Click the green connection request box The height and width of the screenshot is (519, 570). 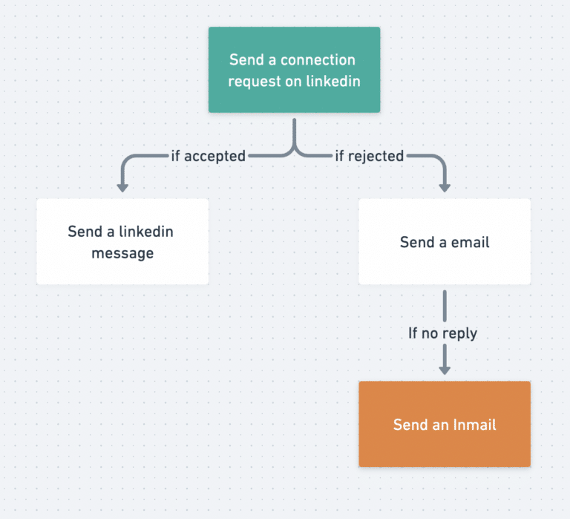tap(294, 70)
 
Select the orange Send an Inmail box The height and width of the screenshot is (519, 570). tap(444, 424)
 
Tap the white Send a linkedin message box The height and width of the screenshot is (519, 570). tap(122, 241)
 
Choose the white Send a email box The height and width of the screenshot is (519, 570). tap(444, 241)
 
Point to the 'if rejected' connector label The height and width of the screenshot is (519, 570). tap(369, 156)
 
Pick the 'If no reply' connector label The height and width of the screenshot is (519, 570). tap(442, 333)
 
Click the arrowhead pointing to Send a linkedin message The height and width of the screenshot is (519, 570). tap(122, 186)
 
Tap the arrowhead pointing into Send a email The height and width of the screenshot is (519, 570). tap(445, 186)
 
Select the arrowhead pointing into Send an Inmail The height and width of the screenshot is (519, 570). tap(445, 368)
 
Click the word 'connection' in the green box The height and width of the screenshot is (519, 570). tap(318, 60)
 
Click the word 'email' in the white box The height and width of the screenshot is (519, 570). tap(468, 242)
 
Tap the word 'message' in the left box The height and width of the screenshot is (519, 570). tap(122, 253)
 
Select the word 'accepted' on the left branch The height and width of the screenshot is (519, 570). tap(214, 156)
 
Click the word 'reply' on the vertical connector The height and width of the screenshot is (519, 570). tap(459, 333)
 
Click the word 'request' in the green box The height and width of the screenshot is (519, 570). tap(255, 81)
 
